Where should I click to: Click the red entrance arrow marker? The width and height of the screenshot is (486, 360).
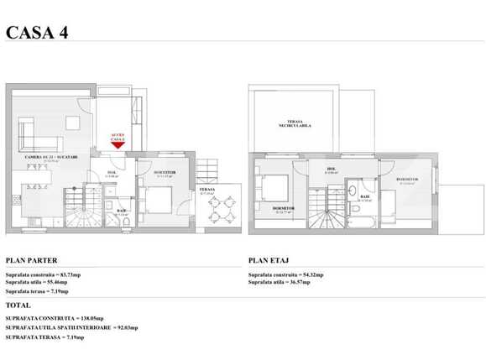point(117,144)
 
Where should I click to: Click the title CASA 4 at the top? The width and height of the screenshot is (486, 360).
point(36,33)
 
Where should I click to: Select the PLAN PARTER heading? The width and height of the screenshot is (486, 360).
point(31,261)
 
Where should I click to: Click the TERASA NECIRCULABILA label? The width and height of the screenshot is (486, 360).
point(295,124)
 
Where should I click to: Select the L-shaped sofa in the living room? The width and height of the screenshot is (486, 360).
point(26,133)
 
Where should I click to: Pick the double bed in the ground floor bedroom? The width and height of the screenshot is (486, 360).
point(156,201)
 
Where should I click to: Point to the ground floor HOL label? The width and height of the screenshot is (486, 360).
point(112,173)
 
